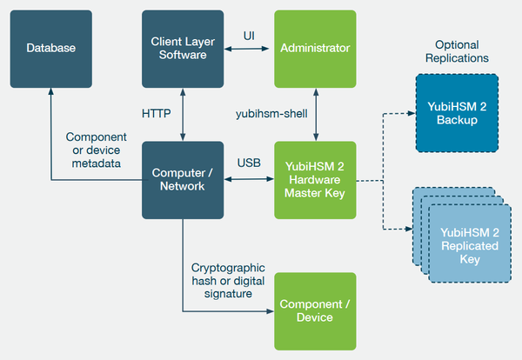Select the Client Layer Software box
pos(183,49)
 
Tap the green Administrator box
pos(315,49)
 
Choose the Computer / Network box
pos(183,180)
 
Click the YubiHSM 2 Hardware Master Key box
pos(315,180)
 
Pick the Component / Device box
pos(315,310)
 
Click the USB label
pos(249,163)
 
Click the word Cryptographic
pos(226,267)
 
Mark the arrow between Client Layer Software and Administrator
pos(249,50)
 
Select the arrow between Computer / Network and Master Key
pos(249,180)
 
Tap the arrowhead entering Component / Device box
pos(269,310)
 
